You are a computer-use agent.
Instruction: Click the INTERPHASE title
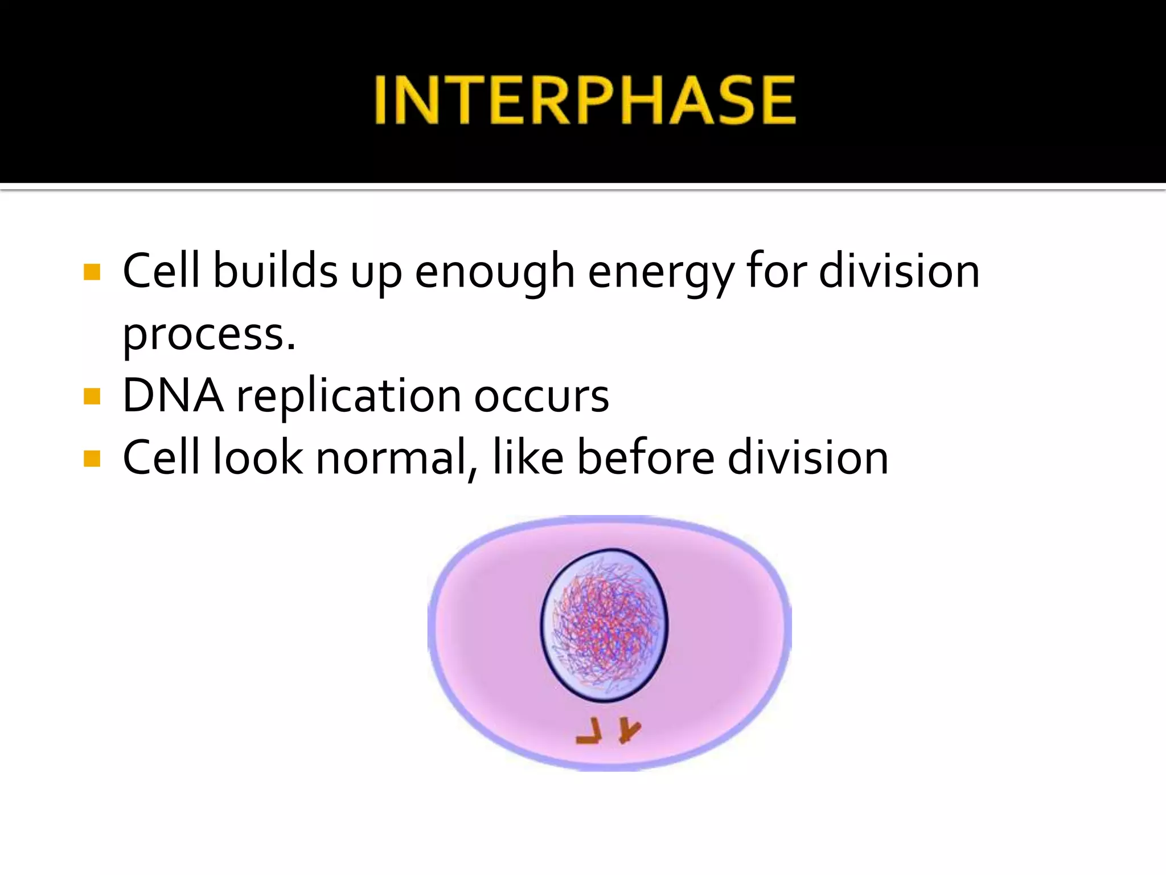coord(585,101)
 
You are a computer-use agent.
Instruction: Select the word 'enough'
coord(494,274)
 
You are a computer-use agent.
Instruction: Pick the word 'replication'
coord(348,398)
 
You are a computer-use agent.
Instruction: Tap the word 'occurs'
coord(541,398)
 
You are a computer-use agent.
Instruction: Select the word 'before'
coord(646,457)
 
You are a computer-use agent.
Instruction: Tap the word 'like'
coord(528,457)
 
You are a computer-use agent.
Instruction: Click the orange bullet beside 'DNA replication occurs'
coord(92,396)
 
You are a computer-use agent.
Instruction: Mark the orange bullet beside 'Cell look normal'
coord(92,458)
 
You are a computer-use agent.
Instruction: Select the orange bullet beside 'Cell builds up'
coord(92,272)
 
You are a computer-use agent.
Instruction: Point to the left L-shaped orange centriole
coord(590,731)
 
